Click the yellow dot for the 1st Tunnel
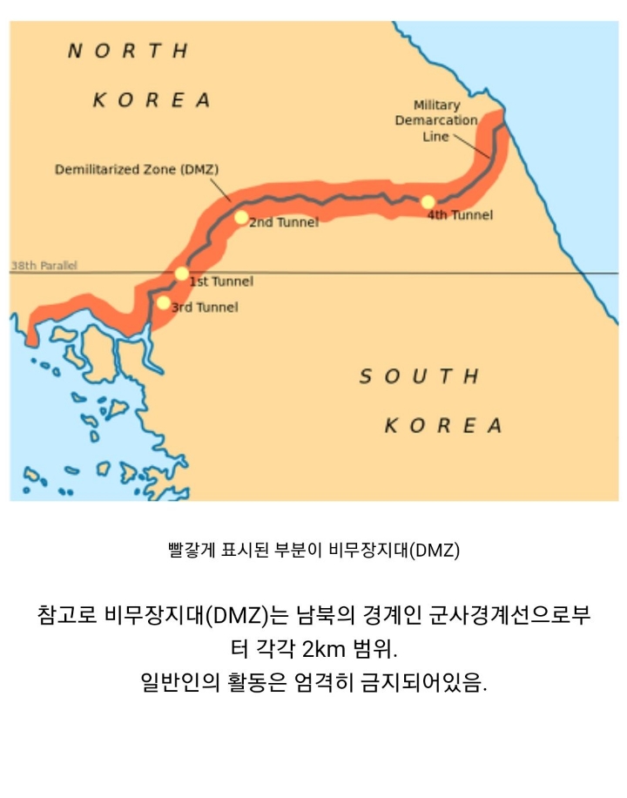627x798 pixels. [x=181, y=274]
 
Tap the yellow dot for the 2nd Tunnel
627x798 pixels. [x=241, y=217]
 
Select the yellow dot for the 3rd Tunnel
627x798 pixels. [x=163, y=303]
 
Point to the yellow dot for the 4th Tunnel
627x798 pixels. [x=428, y=202]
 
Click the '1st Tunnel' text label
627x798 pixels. [x=221, y=281]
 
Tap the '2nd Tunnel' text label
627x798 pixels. [x=284, y=223]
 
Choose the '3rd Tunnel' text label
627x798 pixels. [x=205, y=308]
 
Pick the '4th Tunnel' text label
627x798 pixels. [x=460, y=215]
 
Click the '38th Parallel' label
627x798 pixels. [x=44, y=266]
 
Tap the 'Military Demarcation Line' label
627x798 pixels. [x=436, y=120]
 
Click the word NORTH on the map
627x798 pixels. [x=128, y=51]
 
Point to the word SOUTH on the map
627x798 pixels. [x=420, y=376]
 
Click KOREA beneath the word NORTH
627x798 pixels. [x=152, y=100]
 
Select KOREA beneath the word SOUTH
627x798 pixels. [x=443, y=426]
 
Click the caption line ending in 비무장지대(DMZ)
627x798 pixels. [x=313, y=551]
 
